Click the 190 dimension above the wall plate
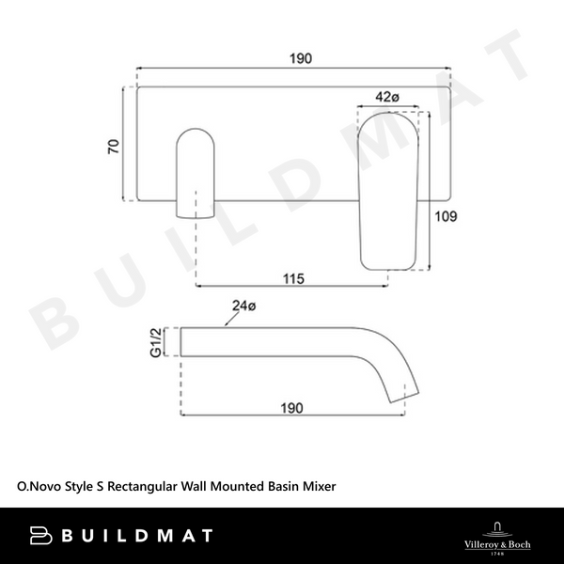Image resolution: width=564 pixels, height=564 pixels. coord(300,58)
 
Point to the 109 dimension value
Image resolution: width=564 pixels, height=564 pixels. coord(446,217)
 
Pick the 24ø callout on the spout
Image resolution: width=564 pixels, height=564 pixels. coord(243,305)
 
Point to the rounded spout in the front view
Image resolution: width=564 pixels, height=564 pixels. coord(195,169)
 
